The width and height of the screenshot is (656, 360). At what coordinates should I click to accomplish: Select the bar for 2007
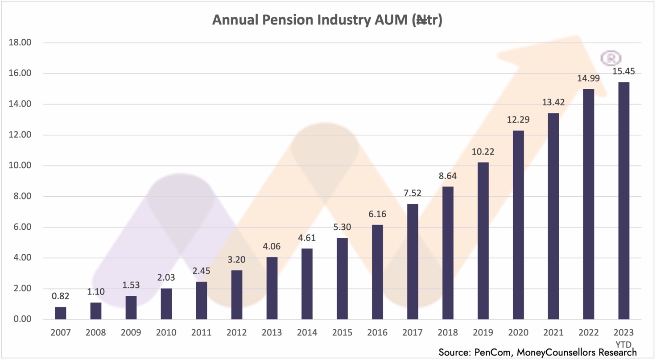(61, 313)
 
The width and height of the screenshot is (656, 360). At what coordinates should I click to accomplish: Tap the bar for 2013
(272, 288)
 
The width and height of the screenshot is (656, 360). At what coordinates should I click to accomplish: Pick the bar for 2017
(413, 261)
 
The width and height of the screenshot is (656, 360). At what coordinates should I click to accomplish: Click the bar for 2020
(518, 225)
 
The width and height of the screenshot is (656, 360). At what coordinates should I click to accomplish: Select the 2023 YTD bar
(623, 201)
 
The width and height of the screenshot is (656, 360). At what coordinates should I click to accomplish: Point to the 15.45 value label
(623, 71)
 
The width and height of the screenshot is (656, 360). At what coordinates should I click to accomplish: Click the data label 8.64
(448, 176)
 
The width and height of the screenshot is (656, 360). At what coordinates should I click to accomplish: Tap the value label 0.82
(61, 296)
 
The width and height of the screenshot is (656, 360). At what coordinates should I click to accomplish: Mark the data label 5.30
(342, 227)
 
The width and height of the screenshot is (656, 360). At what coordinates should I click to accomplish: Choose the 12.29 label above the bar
(518, 120)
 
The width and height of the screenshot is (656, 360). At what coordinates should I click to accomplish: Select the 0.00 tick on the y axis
(21, 319)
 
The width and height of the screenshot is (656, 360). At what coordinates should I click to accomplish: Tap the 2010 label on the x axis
(166, 333)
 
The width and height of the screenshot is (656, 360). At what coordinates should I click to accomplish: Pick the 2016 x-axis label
(377, 333)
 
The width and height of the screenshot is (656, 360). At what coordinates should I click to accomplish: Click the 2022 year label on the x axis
(588, 333)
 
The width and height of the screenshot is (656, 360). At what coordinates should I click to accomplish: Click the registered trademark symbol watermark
(611, 58)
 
